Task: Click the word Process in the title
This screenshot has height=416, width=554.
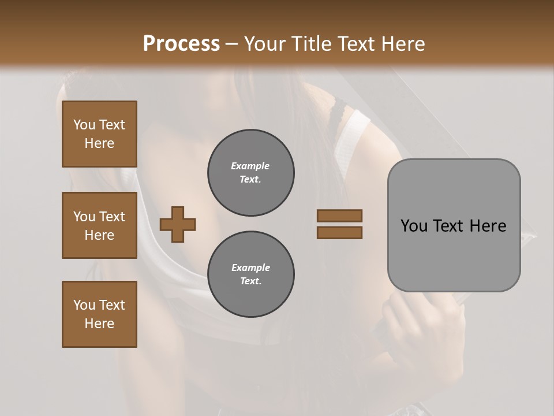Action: point(181,44)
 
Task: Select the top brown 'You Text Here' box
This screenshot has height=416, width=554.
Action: point(99,134)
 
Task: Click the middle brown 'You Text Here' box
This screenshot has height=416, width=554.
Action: point(99,225)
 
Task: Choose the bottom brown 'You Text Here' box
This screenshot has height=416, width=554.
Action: point(99,314)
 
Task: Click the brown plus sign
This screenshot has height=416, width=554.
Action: point(178,224)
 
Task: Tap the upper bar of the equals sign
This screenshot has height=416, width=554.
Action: point(339,216)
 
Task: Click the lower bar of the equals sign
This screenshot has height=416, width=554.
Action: point(339,232)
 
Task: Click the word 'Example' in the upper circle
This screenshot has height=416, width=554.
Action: point(250,166)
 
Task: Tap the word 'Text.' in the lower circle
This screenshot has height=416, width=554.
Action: point(250,281)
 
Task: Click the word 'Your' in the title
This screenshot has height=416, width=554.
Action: point(265,44)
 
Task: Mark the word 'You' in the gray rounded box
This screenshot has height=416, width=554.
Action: point(414,226)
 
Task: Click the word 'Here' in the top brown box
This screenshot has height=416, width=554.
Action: point(99,143)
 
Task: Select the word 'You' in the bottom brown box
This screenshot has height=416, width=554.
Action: point(84,305)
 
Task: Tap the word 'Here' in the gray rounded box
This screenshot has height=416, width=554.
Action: point(488,226)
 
